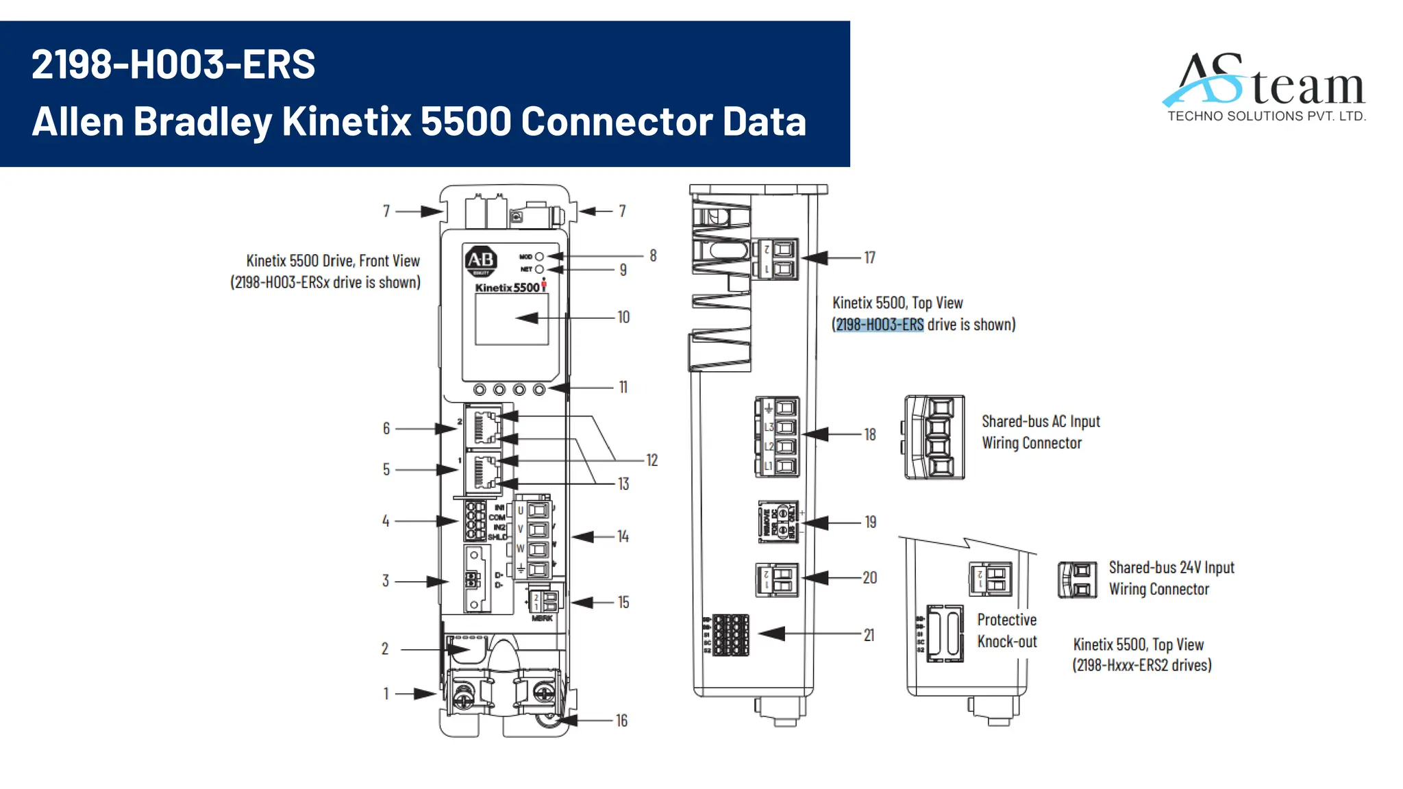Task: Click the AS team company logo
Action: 1265,88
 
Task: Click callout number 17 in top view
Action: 869,258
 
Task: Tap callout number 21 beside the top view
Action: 869,636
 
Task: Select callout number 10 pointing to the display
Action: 623,318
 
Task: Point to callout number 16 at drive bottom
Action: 621,721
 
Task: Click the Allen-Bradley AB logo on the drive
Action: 481,260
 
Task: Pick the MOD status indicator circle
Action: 539,257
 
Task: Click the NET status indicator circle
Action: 539,269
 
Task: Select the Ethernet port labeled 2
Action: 484,427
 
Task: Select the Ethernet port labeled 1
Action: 484,472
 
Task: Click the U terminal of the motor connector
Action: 537,510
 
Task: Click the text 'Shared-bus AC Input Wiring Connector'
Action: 1040,432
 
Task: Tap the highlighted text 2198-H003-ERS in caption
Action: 880,325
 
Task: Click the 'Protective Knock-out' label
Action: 1006,631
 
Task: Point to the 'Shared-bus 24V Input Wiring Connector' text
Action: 1171,578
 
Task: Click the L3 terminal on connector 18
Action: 785,427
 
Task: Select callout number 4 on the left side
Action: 386,521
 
